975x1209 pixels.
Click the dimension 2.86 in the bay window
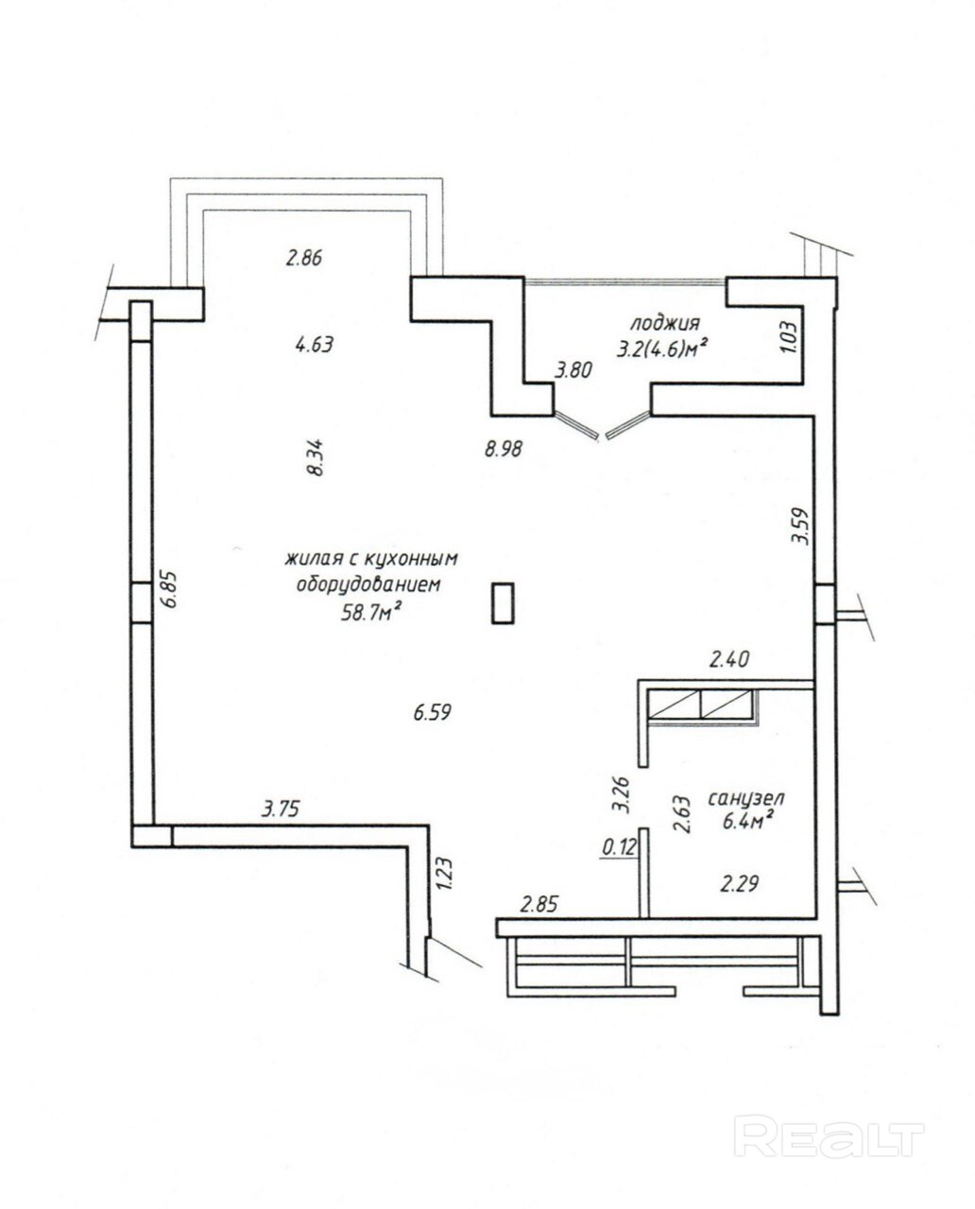click(304, 259)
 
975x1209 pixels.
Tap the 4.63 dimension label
click(315, 344)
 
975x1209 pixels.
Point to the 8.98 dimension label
click(505, 449)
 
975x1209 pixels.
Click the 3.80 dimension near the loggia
click(573, 370)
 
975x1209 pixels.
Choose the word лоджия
click(665, 324)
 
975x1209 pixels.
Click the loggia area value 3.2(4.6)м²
click(661, 350)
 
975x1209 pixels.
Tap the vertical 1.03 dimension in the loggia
click(789, 336)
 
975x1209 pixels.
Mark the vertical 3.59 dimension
click(799, 526)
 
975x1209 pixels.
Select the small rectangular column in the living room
click(503, 603)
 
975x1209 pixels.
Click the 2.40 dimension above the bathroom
click(729, 659)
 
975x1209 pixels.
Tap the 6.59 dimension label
click(432, 713)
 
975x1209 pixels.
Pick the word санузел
click(745, 798)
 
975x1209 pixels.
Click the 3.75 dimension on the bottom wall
click(281, 809)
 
